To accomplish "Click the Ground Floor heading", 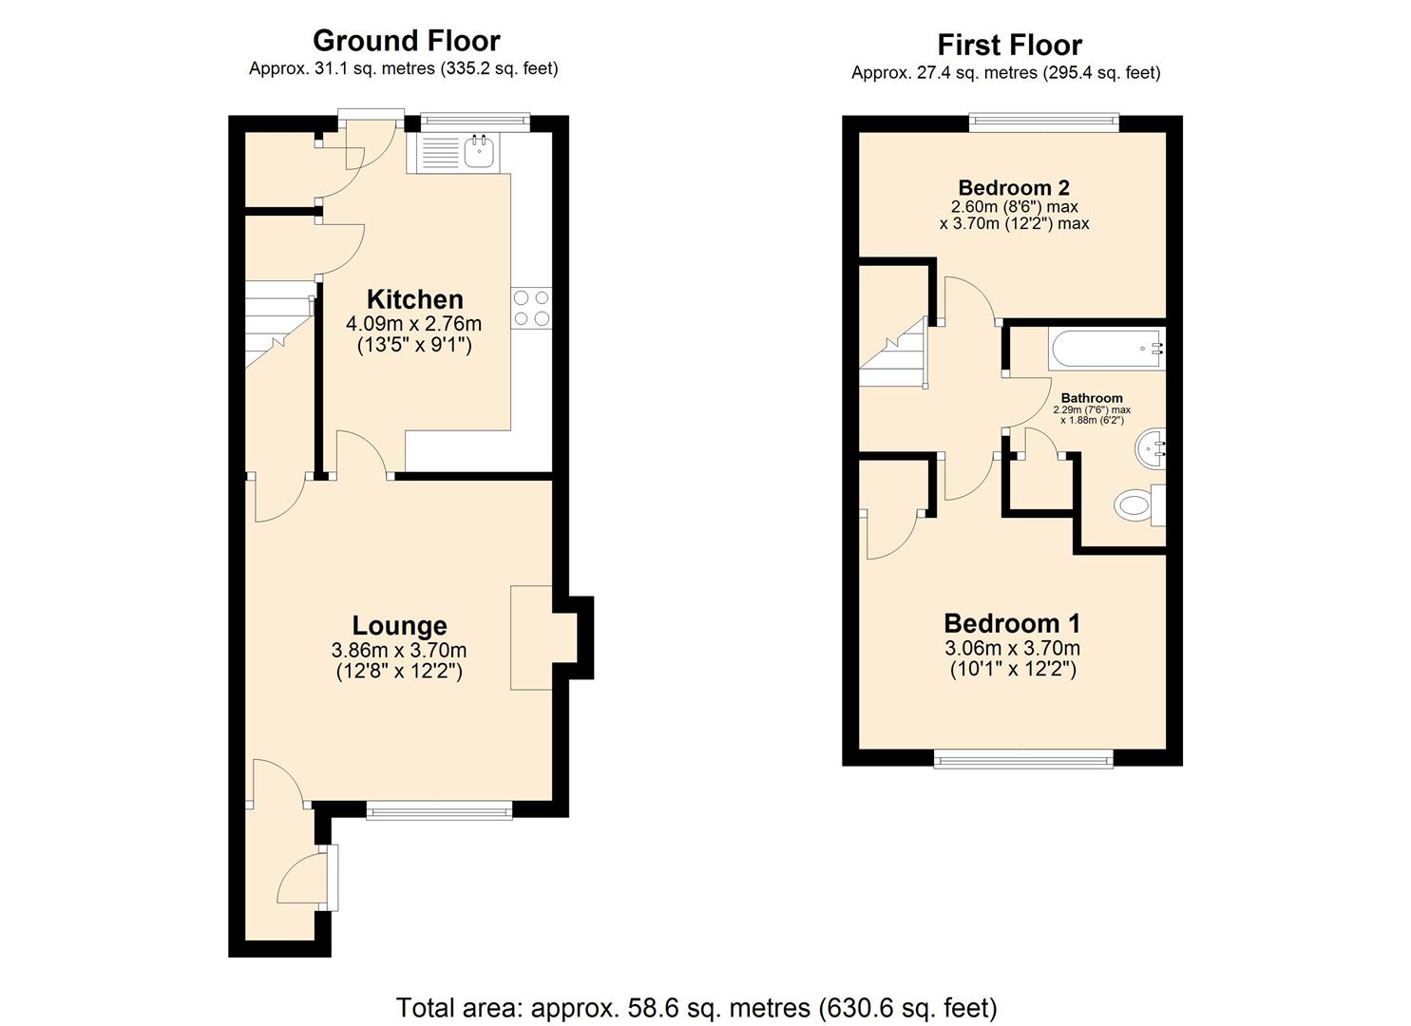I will [x=406, y=41].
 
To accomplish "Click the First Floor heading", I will [x=1009, y=45].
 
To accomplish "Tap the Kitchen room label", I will [x=414, y=299].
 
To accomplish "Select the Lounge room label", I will [x=399, y=625].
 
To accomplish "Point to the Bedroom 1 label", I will [x=1012, y=623].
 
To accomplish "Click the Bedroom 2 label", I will [x=1014, y=187].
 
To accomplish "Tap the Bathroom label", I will [x=1092, y=398].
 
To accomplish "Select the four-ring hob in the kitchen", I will [x=532, y=308].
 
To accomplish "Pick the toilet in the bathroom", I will [x=1138, y=503].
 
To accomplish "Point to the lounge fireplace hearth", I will [x=532, y=636].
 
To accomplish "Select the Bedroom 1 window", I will [x=1023, y=758].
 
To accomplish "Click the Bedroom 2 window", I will [x=1044, y=121].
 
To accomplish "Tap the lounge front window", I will [x=439, y=810].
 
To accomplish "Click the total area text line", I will [x=696, y=1007].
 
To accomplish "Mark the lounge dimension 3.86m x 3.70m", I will [x=399, y=651].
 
